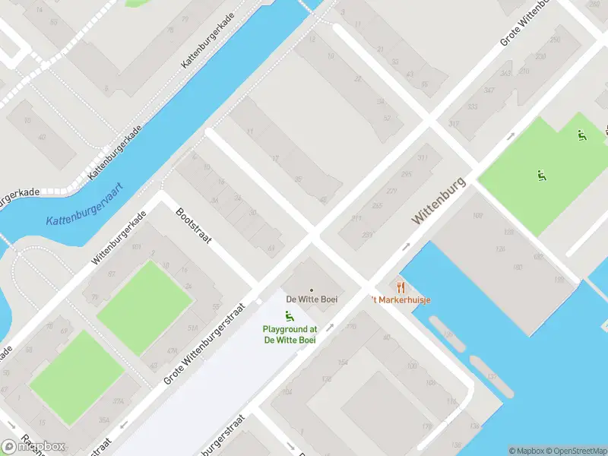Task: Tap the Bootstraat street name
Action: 193,226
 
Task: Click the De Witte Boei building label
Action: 312,299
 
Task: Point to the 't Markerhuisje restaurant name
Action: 402,299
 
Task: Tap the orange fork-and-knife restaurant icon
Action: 401,287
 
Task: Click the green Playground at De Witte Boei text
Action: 290,334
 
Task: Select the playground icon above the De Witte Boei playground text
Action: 289,316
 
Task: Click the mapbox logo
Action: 34,446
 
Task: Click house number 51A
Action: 193,328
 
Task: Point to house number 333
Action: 473,107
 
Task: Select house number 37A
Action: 118,401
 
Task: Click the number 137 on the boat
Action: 492,376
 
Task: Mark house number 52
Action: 388,118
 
